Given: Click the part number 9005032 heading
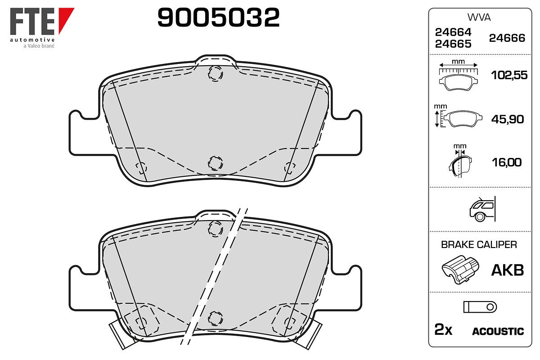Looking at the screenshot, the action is coord(218,17).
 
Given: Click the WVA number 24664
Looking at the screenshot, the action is coord(453,32).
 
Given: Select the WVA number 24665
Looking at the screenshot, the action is coord(453,44).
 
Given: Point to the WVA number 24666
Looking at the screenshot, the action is coord(507,38).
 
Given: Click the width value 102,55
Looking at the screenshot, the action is coord(509,75).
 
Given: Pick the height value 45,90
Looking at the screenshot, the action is coord(508,119).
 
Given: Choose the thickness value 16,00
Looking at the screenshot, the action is coord(507,162).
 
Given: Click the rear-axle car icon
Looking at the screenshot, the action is coord(482,209).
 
